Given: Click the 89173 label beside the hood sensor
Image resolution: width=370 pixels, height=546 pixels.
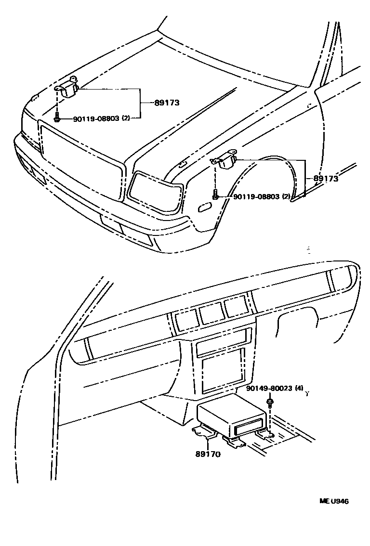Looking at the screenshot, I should point(167,102).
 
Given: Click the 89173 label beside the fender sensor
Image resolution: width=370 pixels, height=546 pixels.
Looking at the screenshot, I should point(325,179).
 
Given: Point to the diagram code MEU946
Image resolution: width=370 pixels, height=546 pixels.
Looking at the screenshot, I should point(333,501).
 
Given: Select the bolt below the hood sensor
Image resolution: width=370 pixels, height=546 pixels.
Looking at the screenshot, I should point(57,117).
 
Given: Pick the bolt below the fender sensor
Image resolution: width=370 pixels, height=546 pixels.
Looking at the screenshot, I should point(215,196).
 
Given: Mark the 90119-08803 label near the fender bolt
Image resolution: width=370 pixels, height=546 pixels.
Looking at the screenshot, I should point(256,196).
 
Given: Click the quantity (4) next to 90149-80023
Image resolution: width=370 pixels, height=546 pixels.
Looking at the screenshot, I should point(299,389).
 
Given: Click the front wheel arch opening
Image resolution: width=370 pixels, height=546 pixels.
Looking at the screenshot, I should point(270,183).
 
